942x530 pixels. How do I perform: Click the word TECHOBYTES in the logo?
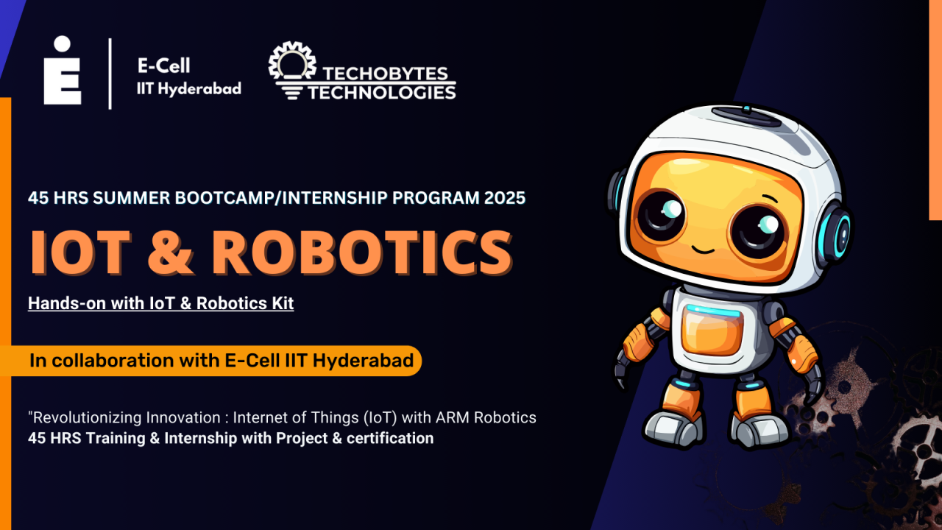click(x=384, y=74)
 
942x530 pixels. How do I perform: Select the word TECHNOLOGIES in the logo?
click(x=381, y=92)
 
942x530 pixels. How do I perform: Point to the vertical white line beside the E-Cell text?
click(x=110, y=74)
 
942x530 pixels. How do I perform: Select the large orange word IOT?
click(x=78, y=252)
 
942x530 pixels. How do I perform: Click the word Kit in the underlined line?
click(x=280, y=303)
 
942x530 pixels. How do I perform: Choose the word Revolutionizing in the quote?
click(x=78, y=417)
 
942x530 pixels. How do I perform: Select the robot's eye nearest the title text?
click(x=661, y=213)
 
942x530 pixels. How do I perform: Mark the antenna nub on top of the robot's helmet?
click(x=746, y=110)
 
